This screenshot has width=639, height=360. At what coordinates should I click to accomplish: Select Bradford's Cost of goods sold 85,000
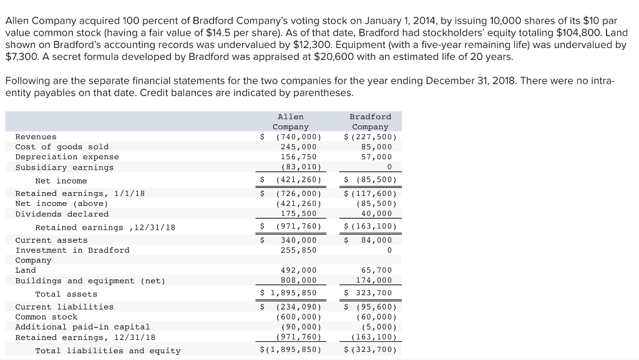click(x=376, y=147)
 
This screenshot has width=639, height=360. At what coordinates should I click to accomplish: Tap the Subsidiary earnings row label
click(x=64, y=167)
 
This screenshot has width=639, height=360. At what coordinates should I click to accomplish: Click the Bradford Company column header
click(x=370, y=122)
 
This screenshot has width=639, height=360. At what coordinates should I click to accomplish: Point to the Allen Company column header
click(x=291, y=122)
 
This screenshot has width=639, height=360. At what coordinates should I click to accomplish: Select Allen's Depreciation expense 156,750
click(x=298, y=157)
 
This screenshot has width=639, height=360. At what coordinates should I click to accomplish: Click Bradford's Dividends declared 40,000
click(x=376, y=214)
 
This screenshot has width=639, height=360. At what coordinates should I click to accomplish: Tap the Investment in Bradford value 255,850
click(x=298, y=250)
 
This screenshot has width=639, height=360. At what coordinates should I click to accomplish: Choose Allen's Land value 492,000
click(x=298, y=270)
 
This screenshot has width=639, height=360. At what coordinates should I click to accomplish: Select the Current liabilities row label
click(x=64, y=306)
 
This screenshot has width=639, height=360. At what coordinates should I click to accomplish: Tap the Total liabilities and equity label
click(x=107, y=351)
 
